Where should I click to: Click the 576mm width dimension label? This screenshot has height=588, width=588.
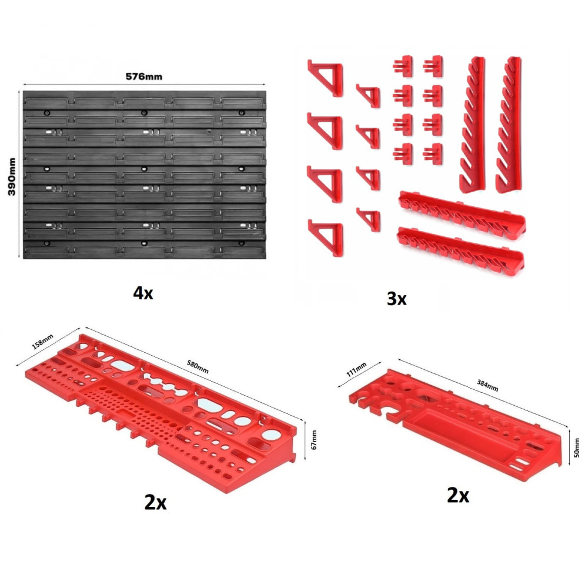pyautogui.click(x=144, y=76)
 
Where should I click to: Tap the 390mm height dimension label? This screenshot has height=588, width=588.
pyautogui.click(x=12, y=176)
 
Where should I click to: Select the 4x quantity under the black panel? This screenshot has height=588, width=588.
pyautogui.click(x=143, y=293)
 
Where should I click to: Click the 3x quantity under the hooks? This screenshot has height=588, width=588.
pyautogui.click(x=396, y=299)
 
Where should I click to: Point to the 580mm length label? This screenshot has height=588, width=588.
pyautogui.click(x=198, y=367)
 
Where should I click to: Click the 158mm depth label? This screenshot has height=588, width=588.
pyautogui.click(x=42, y=342)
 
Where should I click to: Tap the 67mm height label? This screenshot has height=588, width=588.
pyautogui.click(x=314, y=439)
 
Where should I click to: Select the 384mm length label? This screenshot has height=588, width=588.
pyautogui.click(x=487, y=385)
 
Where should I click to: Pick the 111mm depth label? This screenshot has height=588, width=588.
pyautogui.click(x=356, y=370)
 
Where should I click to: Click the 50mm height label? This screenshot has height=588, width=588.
pyautogui.click(x=577, y=447)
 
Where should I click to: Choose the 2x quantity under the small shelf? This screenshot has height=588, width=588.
pyautogui.click(x=458, y=495)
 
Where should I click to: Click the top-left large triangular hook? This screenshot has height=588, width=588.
pyautogui.click(x=326, y=78)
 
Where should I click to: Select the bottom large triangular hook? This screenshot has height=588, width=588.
pyautogui.click(x=326, y=238)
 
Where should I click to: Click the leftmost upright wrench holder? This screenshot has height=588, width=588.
pyautogui.click(x=473, y=125)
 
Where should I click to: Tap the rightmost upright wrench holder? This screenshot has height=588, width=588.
pyautogui.click(x=509, y=125)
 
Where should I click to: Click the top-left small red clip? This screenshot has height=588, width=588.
pyautogui.click(x=403, y=66)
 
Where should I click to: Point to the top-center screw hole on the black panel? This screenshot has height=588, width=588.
pyautogui.click(x=144, y=113)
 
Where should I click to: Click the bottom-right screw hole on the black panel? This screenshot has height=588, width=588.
pyautogui.click(x=242, y=243)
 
